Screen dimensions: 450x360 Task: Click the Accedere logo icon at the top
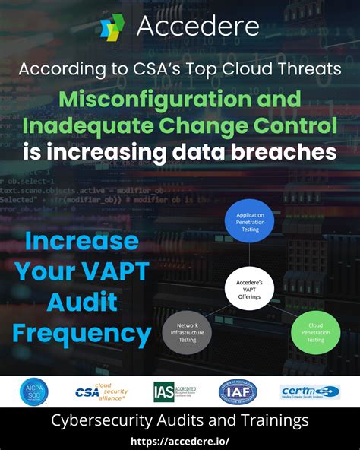[x=112, y=27]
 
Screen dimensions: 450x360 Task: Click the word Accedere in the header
[x=197, y=27]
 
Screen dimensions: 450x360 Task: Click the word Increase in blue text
[x=81, y=242]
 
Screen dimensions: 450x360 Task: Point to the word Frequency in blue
[x=81, y=332]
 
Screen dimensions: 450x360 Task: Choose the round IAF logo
[x=237, y=391]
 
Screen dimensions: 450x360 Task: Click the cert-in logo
[x=310, y=391]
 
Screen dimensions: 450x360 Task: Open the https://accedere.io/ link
[x=180, y=441]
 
